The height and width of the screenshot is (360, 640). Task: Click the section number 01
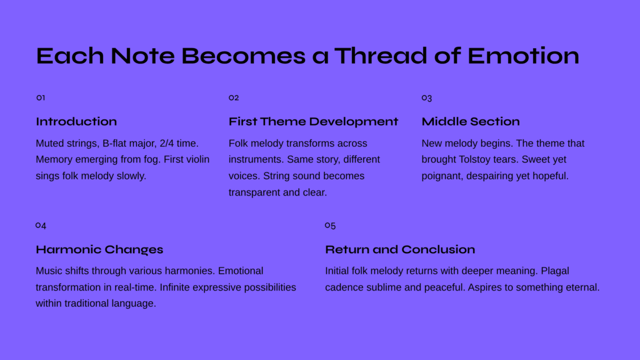(x=41, y=97)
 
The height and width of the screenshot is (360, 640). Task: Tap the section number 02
(x=234, y=97)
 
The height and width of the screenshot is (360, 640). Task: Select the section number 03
(x=426, y=98)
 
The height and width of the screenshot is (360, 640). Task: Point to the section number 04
(x=41, y=225)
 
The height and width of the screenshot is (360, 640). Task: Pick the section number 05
(x=330, y=225)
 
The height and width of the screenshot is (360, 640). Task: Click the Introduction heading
(x=76, y=122)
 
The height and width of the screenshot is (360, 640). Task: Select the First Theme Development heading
(x=313, y=122)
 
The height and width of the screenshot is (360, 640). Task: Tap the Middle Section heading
(x=471, y=122)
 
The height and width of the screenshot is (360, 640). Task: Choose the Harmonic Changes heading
(x=99, y=249)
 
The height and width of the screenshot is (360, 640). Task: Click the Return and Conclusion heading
(x=400, y=249)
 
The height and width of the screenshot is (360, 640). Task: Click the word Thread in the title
(x=381, y=56)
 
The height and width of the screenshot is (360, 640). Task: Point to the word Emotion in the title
(x=523, y=56)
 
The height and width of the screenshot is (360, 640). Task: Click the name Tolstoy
(x=474, y=159)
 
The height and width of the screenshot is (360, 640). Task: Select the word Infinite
(x=175, y=287)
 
